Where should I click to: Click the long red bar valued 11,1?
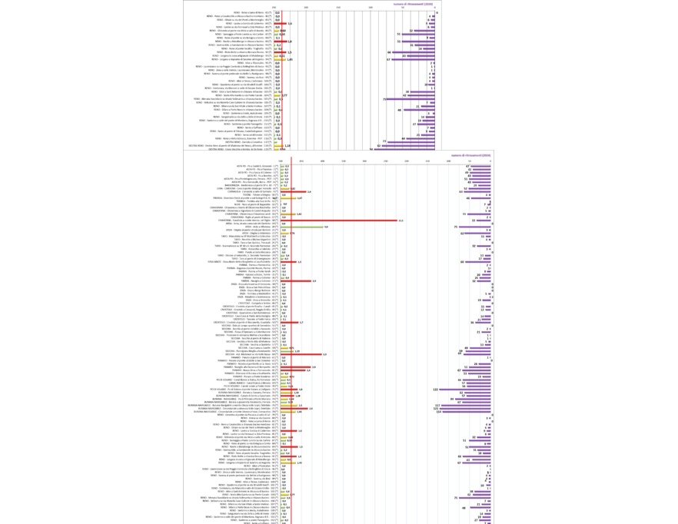(x=339, y=221)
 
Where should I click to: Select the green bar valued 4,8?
(x=302, y=227)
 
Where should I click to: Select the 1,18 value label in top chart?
(x=287, y=145)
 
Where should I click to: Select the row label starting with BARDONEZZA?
(x=258, y=185)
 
